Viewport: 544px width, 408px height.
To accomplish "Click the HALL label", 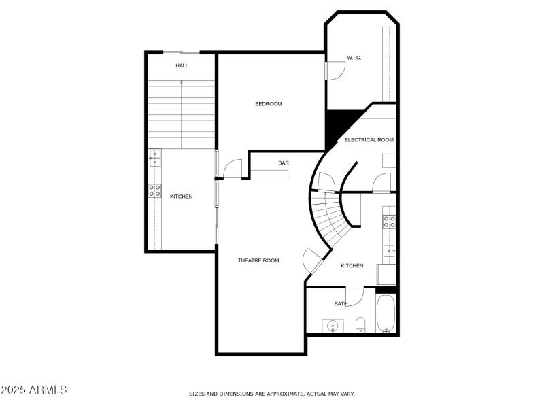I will point(182,66).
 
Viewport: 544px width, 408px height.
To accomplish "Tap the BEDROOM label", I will point(268,104).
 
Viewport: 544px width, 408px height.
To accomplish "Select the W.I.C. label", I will point(354,58).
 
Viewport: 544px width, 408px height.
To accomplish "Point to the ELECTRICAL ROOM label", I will point(369,140).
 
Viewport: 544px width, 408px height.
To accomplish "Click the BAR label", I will point(284,163).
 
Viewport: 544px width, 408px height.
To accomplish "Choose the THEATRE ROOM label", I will point(258,260).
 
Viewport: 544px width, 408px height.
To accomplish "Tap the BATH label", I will point(341,304).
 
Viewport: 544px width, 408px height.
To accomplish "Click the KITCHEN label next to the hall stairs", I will point(181,197).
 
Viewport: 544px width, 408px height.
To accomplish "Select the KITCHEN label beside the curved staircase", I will point(352,266).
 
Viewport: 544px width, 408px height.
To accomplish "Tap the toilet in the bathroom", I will point(361,324).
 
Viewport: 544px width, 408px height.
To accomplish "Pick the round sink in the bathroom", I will point(333,326).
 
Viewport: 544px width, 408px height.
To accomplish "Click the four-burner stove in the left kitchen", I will point(155,191).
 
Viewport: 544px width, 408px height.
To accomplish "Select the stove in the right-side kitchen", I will point(390,221).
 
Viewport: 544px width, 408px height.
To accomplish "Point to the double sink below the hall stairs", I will point(155,158).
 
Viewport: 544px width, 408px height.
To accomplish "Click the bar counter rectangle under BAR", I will point(269,175).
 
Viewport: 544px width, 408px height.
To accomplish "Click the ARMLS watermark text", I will point(34,390).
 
